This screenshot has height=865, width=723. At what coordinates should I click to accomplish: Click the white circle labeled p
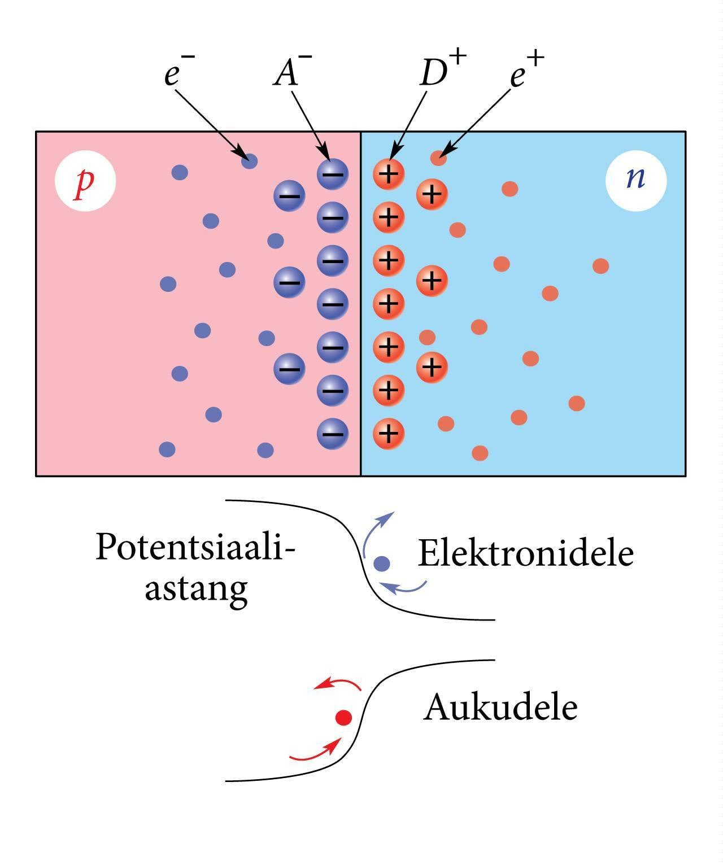point(85,181)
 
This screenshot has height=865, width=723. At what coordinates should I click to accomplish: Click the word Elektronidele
point(525,553)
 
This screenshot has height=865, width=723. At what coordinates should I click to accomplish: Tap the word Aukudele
point(500,707)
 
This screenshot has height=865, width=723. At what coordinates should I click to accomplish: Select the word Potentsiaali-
point(195,547)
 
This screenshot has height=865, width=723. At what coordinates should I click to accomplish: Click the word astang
point(196,589)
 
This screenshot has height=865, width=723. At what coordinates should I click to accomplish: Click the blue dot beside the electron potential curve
point(382,563)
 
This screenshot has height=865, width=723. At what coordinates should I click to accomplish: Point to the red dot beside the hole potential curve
point(344,718)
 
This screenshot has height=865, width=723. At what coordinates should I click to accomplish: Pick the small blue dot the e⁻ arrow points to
point(249,161)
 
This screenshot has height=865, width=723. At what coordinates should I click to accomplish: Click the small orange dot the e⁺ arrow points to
point(438,158)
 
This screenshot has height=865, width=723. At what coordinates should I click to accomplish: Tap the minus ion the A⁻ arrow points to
point(333,173)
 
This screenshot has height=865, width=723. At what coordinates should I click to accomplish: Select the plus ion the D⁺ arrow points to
point(389,173)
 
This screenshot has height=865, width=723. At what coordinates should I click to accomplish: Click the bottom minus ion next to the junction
point(333,434)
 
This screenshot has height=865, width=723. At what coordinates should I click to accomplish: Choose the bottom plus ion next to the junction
point(389,434)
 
